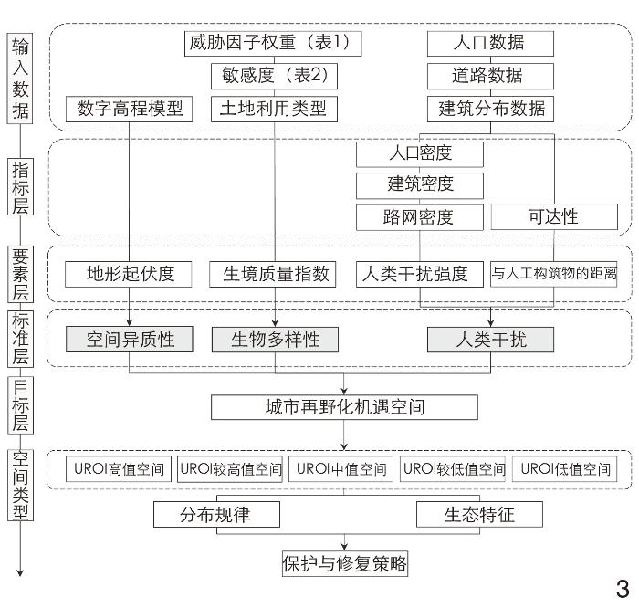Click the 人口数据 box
(490, 42)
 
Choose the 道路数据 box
(490, 75)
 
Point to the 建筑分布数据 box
(490, 109)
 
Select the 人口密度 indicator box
(420, 152)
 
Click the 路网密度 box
(420, 216)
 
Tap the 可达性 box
(553, 216)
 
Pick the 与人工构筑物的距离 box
(554, 274)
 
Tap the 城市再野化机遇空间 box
(344, 406)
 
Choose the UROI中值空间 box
(343, 469)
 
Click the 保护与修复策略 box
(344, 564)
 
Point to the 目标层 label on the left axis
(19, 404)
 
